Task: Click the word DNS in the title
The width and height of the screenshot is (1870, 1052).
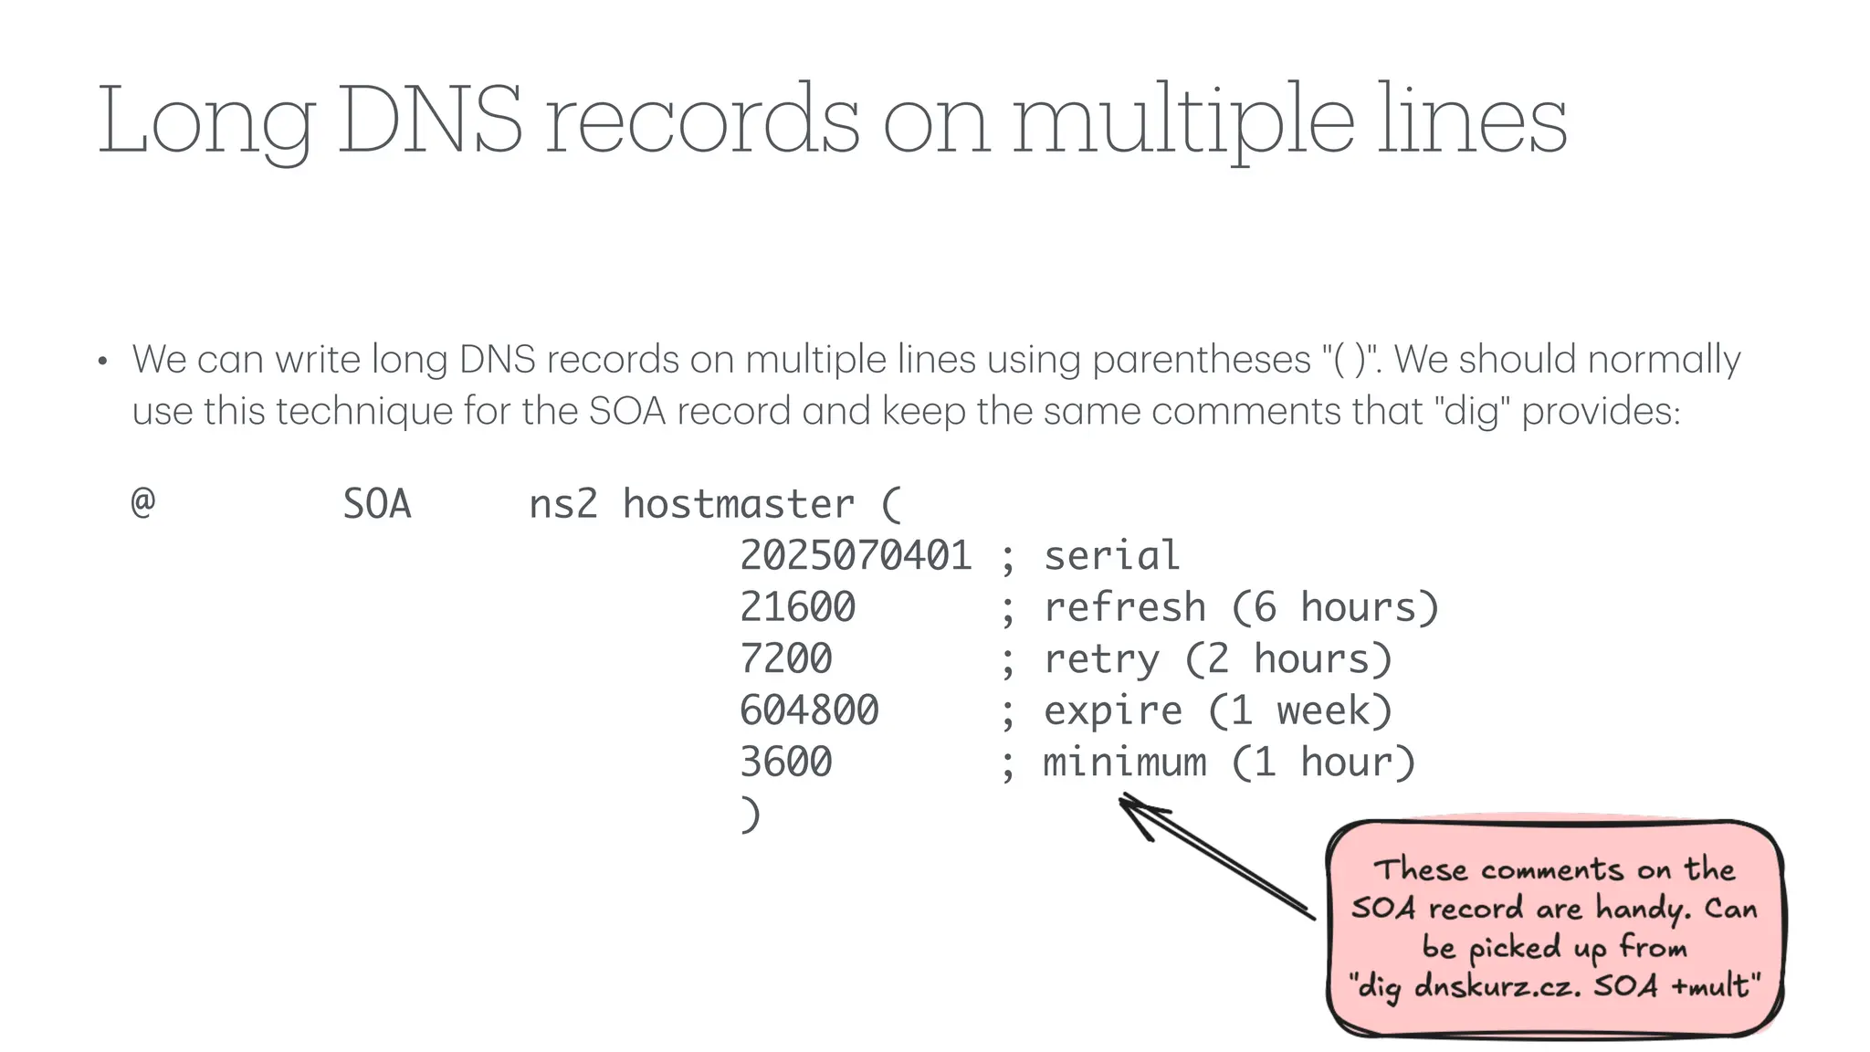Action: click(x=430, y=120)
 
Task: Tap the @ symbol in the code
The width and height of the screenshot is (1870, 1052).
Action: click(x=143, y=503)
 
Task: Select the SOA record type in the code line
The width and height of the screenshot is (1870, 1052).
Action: click(x=377, y=504)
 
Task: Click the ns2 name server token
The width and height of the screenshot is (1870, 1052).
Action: click(x=563, y=504)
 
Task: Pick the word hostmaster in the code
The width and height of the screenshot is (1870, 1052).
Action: click(x=739, y=504)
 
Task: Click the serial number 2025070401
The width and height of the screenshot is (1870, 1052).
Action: click(x=856, y=555)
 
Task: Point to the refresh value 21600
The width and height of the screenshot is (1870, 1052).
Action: click(x=797, y=607)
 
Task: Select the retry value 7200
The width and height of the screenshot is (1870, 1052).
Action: click(x=786, y=659)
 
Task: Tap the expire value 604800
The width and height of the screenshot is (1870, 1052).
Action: click(x=809, y=710)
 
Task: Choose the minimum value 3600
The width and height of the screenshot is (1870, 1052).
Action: click(x=786, y=763)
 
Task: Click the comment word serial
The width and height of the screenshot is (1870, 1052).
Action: click(x=1111, y=555)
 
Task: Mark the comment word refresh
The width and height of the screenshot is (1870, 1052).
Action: click(x=1124, y=607)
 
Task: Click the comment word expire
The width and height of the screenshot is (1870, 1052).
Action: click(x=1112, y=710)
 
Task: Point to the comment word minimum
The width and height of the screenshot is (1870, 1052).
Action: click(x=1124, y=763)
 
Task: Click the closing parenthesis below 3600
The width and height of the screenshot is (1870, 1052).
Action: click(x=750, y=815)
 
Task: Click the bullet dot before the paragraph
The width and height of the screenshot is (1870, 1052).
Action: click(x=103, y=363)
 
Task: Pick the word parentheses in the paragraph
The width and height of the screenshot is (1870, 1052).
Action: click(x=1201, y=360)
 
